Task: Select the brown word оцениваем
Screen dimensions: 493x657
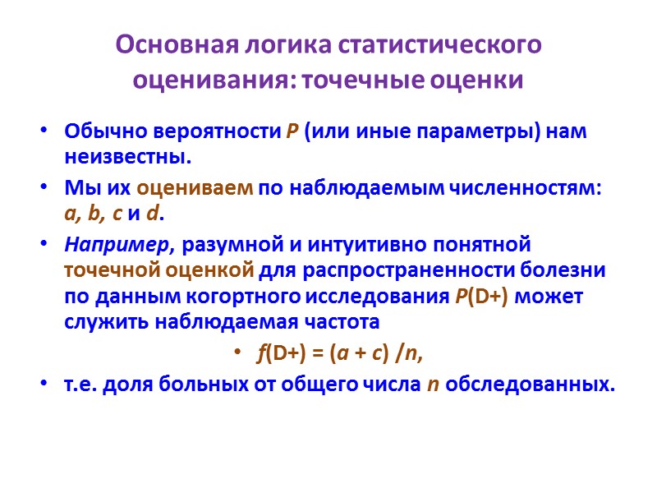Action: pyautogui.click(x=195, y=188)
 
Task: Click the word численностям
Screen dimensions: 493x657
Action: pyautogui.click(x=533, y=188)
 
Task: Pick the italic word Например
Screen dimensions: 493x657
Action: pyautogui.click(x=118, y=245)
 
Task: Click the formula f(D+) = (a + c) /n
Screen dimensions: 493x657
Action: pyautogui.click(x=344, y=353)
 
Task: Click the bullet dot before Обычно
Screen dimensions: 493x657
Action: pyautogui.click(x=44, y=132)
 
